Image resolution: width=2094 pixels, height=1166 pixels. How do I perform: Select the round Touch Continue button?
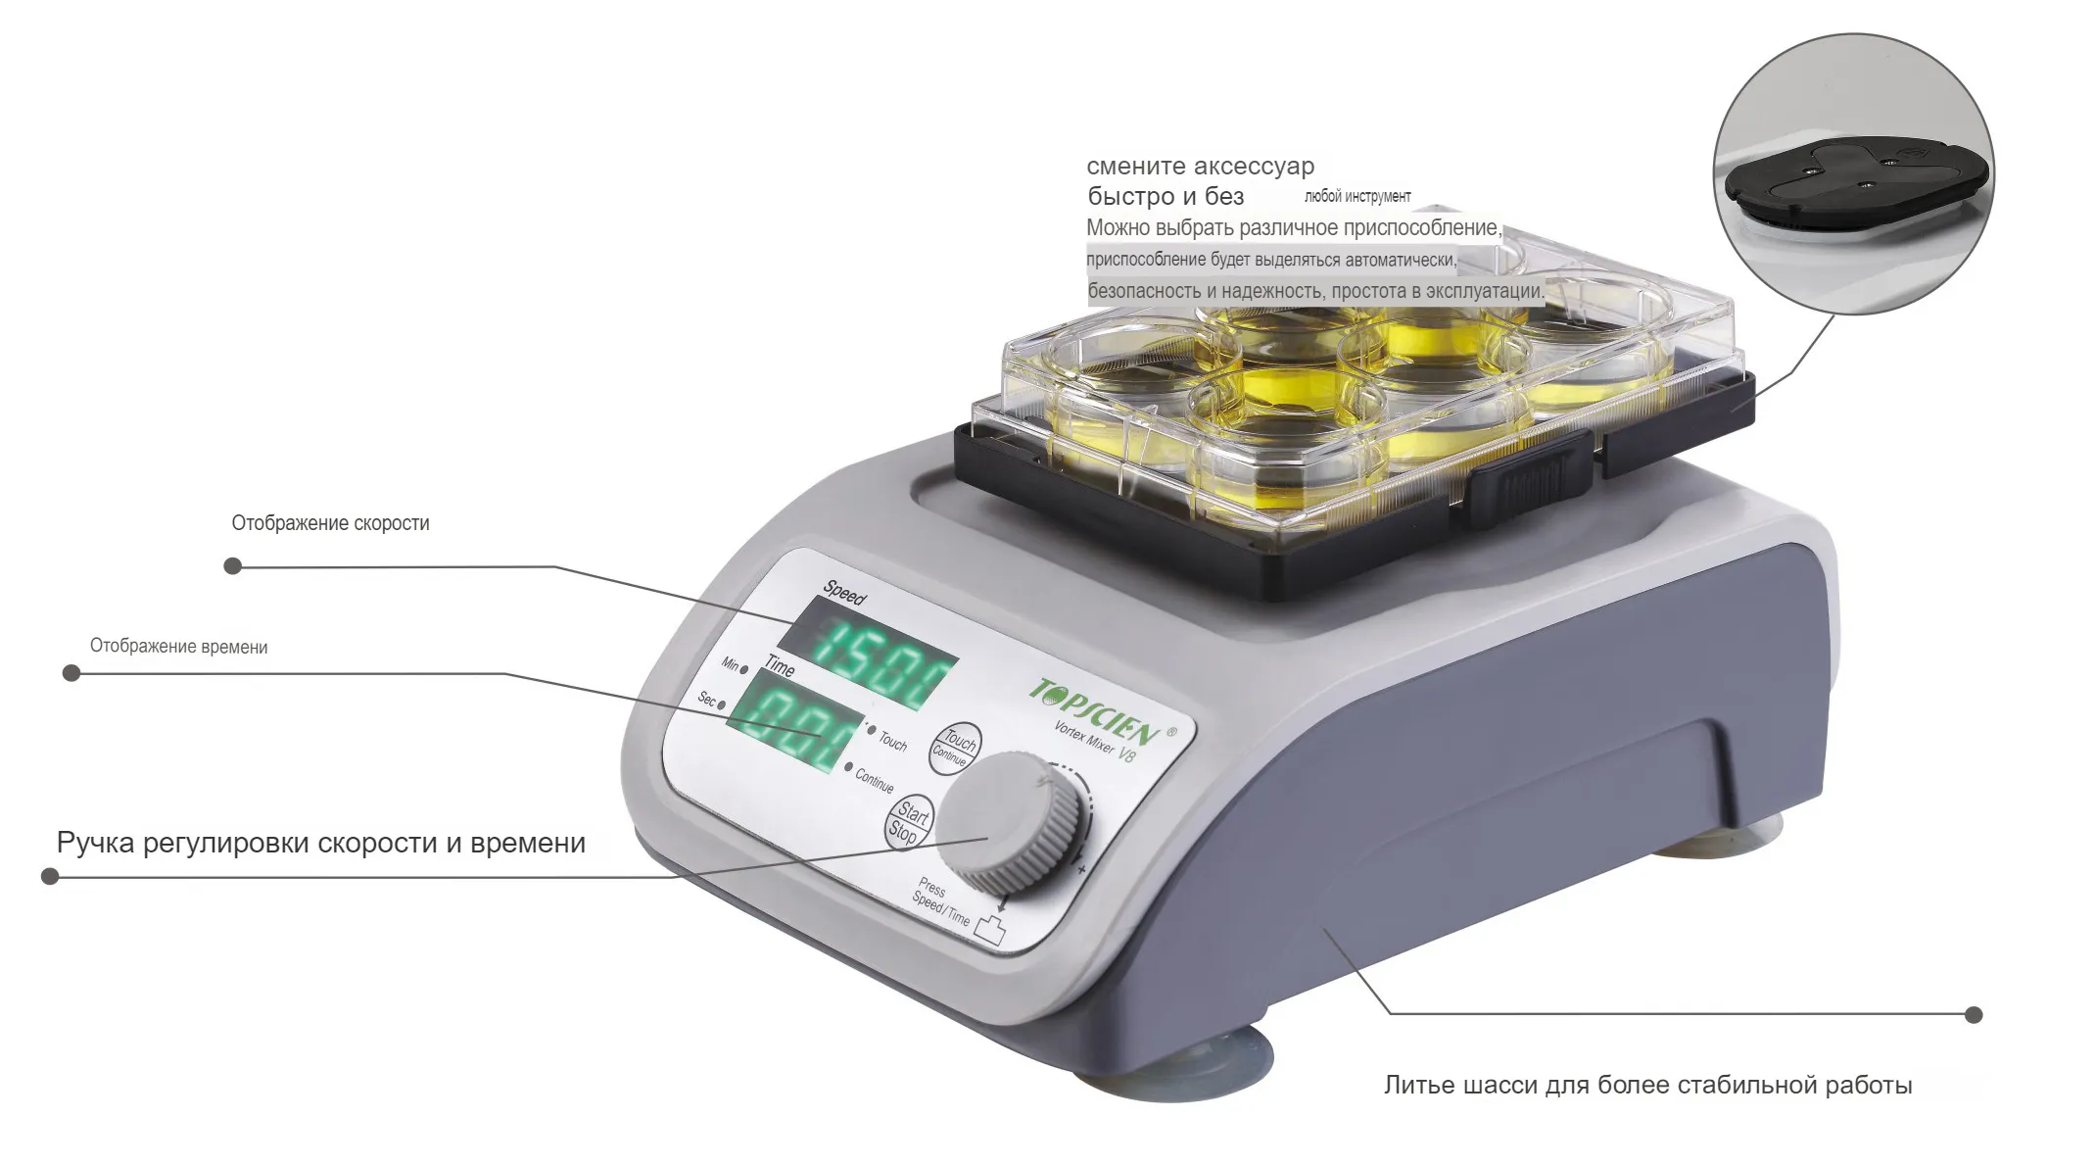(954, 749)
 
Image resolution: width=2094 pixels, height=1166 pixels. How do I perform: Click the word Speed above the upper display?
(844, 592)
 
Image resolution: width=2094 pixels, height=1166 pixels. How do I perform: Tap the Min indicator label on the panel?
(731, 663)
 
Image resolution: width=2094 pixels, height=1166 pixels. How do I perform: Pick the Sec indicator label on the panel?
(706, 699)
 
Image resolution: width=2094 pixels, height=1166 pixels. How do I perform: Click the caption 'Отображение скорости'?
(330, 523)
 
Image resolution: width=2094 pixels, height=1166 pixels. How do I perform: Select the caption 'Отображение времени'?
(178, 647)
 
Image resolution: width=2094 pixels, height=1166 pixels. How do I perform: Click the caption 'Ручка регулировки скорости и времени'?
(321, 843)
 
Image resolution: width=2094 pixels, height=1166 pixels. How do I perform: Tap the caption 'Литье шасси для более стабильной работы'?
(1647, 1085)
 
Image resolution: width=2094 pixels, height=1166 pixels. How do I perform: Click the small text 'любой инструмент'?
(1357, 196)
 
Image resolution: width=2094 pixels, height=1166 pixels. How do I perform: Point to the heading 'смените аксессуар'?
(1201, 166)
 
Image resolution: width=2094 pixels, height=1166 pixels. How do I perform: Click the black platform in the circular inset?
(1856, 182)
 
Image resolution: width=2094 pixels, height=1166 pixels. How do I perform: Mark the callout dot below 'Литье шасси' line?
(1974, 1014)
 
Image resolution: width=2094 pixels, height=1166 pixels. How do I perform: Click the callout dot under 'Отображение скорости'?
(233, 565)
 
